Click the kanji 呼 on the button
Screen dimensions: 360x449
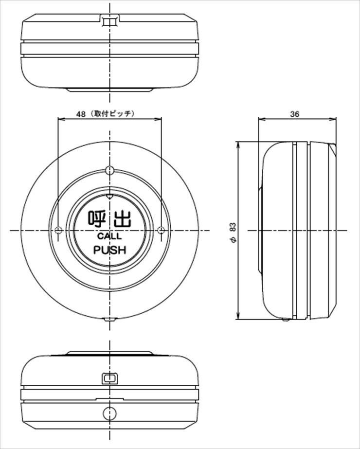coord(97,219)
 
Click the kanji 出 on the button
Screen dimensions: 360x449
coord(123,219)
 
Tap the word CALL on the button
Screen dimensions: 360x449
coord(109,236)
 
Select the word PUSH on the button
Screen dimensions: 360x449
coord(109,250)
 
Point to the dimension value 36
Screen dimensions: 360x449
coord(295,114)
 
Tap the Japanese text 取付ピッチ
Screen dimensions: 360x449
coord(112,114)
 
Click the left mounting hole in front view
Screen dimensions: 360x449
coord(58,230)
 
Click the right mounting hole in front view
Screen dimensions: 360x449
coord(161,230)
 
